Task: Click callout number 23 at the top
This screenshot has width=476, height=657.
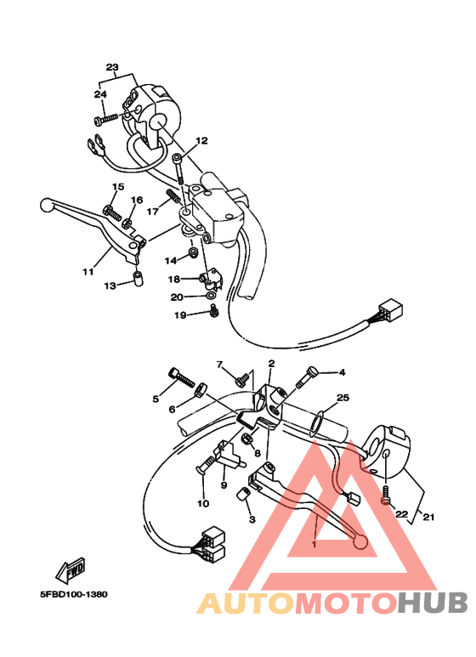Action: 112,66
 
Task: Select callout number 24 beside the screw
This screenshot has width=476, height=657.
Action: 99,94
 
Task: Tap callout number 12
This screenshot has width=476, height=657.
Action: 201,141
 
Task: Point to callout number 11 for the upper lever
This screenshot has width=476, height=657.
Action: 87,272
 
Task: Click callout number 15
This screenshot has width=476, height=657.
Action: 117,187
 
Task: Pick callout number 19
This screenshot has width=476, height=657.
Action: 179,314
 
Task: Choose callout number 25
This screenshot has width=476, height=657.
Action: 343,398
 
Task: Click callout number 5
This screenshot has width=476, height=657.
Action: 156,398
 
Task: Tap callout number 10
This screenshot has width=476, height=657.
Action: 203,503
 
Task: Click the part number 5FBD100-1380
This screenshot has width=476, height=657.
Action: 72,596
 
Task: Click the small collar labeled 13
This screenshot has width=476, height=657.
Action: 136,280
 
